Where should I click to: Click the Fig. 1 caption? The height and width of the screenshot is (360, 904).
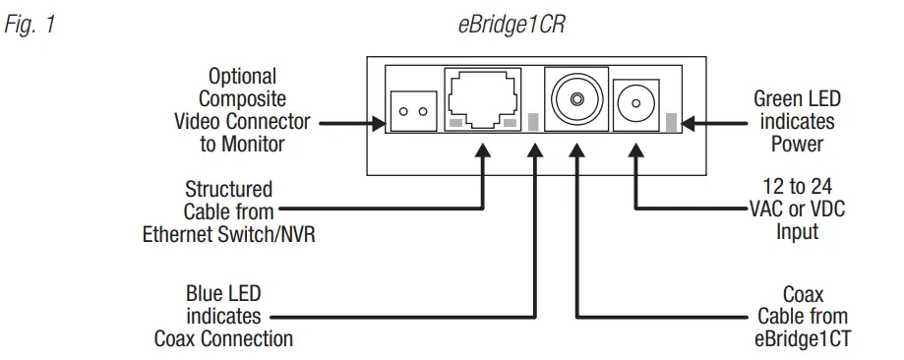point(31,26)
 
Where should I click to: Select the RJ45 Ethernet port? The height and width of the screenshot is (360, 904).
point(483,99)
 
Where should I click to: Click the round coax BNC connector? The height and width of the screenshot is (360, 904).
point(575,99)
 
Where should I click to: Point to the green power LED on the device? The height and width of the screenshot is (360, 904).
point(672,123)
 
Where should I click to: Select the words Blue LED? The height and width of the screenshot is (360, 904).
point(223,295)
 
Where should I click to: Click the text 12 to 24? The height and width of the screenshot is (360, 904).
point(797,187)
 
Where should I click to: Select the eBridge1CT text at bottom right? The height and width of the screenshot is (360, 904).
point(797,339)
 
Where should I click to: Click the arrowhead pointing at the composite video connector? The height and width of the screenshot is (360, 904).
point(379,123)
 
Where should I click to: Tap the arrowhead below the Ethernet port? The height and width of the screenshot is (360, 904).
point(483,149)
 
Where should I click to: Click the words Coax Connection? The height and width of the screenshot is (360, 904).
point(223,339)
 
